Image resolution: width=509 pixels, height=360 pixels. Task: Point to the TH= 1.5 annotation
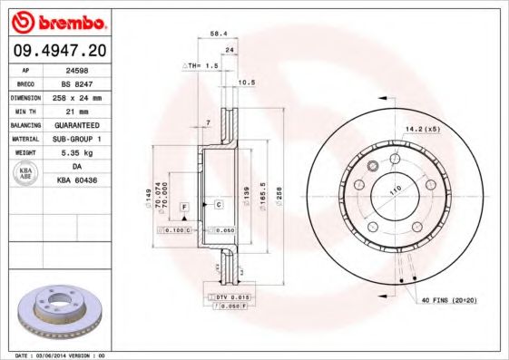tap(202, 67)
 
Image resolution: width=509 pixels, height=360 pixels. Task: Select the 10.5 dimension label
tap(244, 83)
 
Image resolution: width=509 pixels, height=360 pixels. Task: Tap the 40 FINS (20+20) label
tap(449, 299)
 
